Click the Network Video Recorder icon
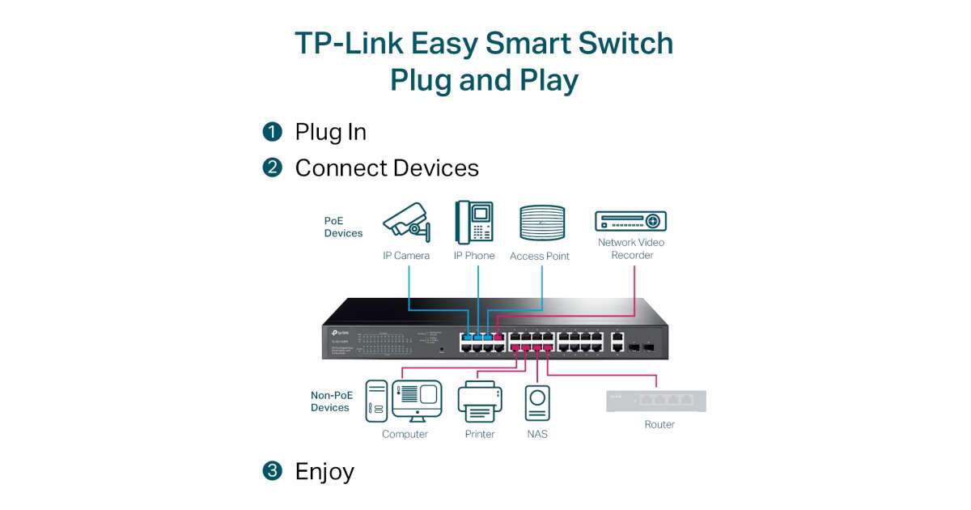coord(630,221)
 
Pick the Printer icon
coord(480,402)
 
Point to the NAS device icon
coord(537,402)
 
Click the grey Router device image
coord(656,401)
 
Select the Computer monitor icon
coord(417,400)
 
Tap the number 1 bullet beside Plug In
coord(273,131)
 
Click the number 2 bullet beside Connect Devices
coord(273,168)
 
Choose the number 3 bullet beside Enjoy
coord(273,470)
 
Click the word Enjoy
coord(324,471)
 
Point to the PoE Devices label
coord(343,227)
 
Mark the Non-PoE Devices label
coord(330,402)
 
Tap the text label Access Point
coord(540,256)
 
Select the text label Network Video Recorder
coord(631,249)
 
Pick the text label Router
coord(659,424)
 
